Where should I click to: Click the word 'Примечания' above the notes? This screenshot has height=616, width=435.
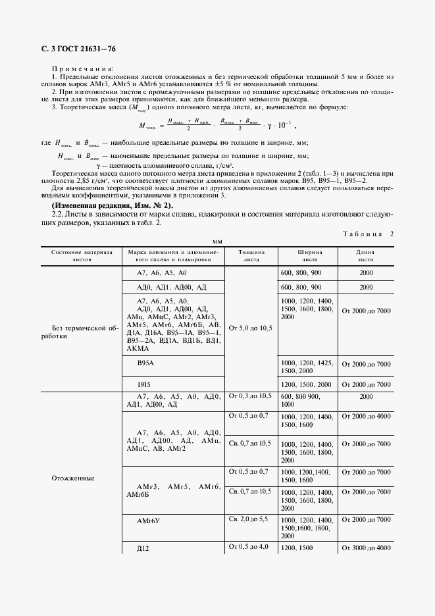(82, 69)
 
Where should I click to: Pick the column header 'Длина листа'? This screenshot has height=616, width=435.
(365, 255)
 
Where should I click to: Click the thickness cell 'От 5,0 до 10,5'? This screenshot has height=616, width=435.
(249, 327)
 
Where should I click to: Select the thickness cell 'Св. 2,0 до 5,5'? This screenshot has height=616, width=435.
(249, 519)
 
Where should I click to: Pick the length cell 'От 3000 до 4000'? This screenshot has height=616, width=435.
(366, 548)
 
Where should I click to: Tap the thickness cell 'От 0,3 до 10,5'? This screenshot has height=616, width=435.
(249, 396)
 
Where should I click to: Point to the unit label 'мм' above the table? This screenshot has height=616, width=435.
(217, 242)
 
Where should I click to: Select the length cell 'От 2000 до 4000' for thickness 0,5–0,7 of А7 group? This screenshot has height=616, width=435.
(366, 417)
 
